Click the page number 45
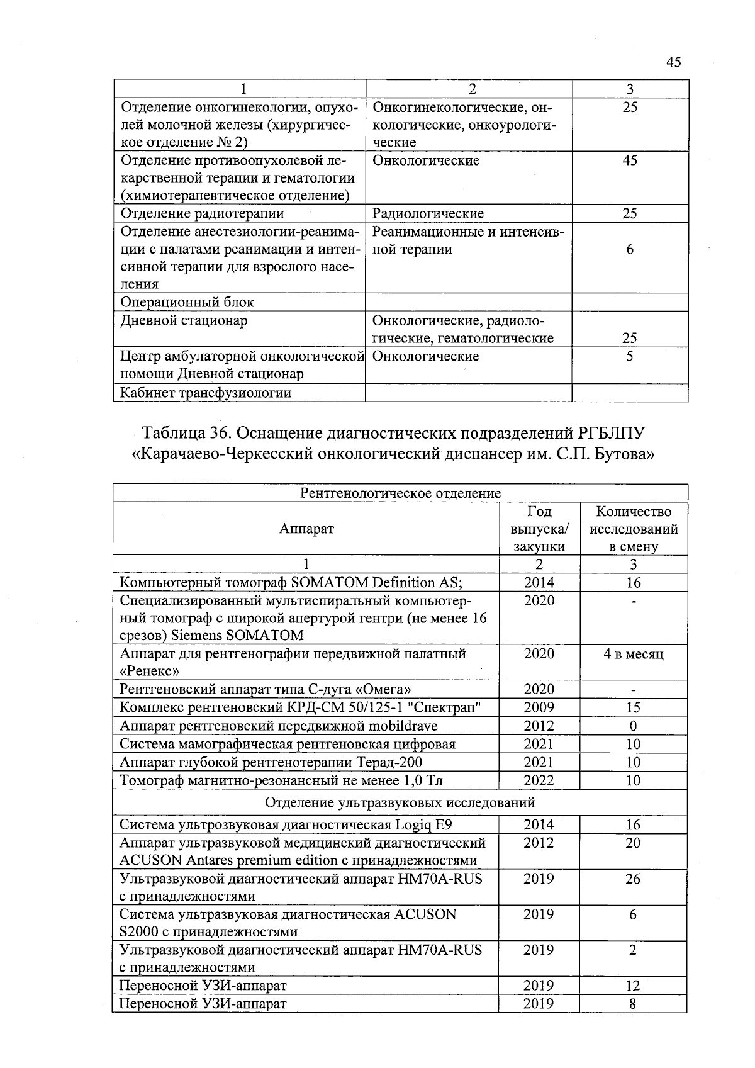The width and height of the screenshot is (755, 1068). coord(673,62)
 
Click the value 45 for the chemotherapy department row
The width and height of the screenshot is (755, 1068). coord(630,160)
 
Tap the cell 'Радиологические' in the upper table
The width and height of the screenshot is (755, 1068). coord(428,213)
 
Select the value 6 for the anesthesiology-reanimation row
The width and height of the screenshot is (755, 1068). coord(630,249)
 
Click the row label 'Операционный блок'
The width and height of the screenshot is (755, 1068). coord(187,302)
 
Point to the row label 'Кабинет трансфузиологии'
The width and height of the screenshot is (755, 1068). coord(206,393)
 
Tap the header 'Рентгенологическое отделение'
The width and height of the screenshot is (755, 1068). coord(400,493)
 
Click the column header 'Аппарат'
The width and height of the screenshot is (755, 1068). coord(306,529)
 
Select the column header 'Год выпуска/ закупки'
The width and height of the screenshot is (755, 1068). coord(539,529)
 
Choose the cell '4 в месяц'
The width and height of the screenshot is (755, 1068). coord(633,654)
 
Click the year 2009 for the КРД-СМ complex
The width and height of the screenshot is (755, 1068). coord(539,707)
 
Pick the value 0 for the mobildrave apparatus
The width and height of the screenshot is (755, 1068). coord(633,726)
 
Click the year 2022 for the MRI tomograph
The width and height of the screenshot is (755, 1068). coord(539,780)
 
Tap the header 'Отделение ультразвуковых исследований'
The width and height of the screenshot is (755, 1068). coord(400,802)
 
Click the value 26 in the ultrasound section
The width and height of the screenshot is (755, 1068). coord(633,879)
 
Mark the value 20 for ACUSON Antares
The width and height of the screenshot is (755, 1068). coord(633,843)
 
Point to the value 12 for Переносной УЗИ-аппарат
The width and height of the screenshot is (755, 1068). coord(633,986)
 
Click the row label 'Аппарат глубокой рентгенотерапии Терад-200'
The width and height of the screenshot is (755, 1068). coord(271,762)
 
